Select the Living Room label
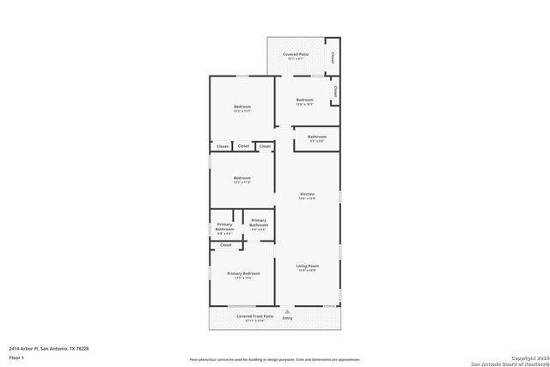[308, 267]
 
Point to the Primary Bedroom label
[242, 276]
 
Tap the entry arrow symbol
[287, 312]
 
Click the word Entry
[287, 319]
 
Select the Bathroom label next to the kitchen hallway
[317, 138]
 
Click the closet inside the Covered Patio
[333, 58]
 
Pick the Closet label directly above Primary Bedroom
[226, 245]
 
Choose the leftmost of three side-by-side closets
[223, 146]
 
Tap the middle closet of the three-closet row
[244, 146]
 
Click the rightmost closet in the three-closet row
[265, 146]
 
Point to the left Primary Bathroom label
[224, 228]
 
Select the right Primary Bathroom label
[258, 223]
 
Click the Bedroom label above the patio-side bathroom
[304, 101]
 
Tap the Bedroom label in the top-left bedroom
[242, 108]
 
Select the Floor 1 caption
[16, 357]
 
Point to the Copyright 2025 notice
[528, 358]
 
